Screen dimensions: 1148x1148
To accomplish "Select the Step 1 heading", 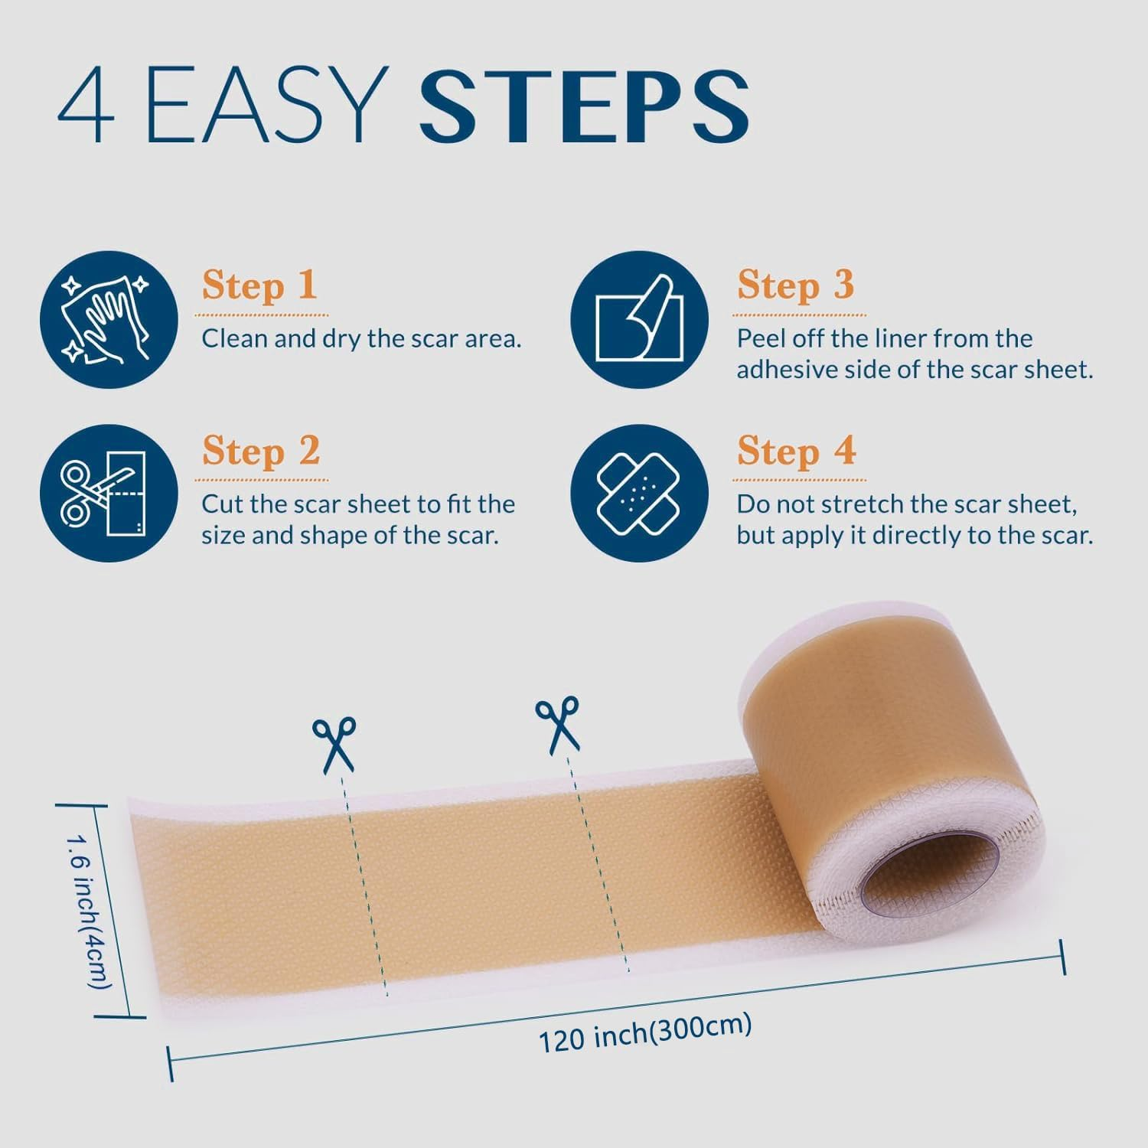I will pyautogui.click(x=259, y=285).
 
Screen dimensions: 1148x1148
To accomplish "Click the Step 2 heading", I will pyautogui.click(x=261, y=451).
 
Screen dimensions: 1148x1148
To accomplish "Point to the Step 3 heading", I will pyautogui.click(x=795, y=285).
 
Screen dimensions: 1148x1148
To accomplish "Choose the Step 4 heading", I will pyautogui.click(x=796, y=451).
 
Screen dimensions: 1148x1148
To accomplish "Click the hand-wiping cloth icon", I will pyautogui.click(x=109, y=319).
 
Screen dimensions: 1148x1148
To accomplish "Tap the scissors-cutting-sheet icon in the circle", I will pyautogui.click(x=109, y=493).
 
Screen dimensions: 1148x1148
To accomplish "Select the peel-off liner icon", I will pyautogui.click(x=639, y=319).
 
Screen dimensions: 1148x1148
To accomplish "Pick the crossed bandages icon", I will pyautogui.click(x=639, y=493).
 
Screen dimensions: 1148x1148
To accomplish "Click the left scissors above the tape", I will pyautogui.click(x=334, y=743).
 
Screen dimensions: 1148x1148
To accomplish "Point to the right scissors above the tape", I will pyautogui.click(x=558, y=723).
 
